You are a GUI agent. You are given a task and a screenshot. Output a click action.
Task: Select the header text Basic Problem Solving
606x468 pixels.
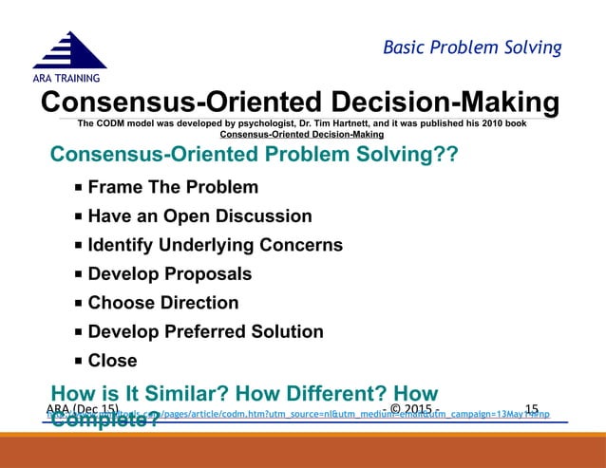472,47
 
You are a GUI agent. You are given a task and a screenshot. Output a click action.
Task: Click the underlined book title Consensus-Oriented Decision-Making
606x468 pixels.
294,134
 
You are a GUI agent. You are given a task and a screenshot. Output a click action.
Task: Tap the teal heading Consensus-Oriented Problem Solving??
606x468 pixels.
254,155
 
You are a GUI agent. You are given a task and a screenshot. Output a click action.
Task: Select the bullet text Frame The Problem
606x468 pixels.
172,187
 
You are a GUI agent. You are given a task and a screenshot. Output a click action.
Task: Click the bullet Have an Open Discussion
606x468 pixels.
199,216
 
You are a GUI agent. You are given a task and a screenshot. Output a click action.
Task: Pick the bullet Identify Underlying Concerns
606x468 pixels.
215,245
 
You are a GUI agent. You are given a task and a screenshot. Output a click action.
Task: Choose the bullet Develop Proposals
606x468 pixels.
169,274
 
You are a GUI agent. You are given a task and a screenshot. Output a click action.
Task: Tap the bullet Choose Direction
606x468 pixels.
162,303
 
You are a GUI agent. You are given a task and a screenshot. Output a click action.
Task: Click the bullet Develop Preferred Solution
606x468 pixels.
205,332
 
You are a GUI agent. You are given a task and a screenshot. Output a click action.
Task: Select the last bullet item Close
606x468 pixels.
112,361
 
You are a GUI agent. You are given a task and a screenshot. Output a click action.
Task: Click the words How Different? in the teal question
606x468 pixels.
305,393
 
